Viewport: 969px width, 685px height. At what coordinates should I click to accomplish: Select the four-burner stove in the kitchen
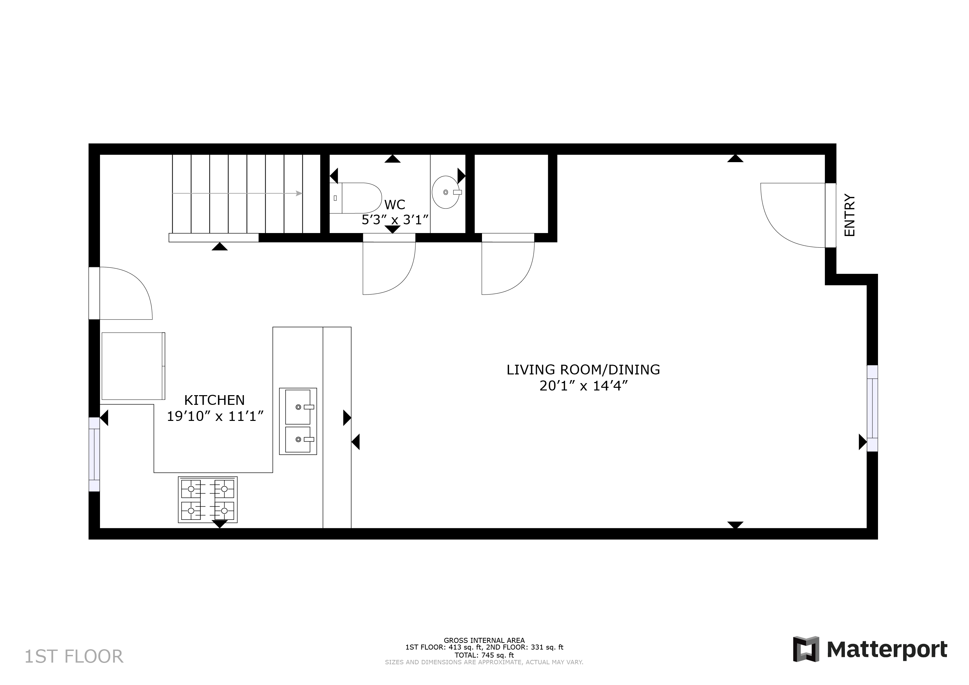click(x=208, y=499)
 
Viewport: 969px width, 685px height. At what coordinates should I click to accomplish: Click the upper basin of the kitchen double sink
click(x=298, y=407)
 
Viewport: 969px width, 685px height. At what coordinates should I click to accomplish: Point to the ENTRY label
click(x=849, y=215)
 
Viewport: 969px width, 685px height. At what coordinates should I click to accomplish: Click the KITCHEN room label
click(x=214, y=400)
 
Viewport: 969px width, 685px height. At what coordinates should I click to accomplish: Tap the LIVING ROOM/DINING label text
click(x=583, y=369)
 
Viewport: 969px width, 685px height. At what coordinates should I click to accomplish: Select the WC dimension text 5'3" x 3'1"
click(x=395, y=220)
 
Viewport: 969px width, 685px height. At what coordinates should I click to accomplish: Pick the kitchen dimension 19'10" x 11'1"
click(x=215, y=416)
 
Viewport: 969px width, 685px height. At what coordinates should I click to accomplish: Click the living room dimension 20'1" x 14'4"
click(x=584, y=385)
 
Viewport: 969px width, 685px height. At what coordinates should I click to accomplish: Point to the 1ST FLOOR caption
click(x=74, y=657)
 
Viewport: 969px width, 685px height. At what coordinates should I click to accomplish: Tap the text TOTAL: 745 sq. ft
click(x=484, y=655)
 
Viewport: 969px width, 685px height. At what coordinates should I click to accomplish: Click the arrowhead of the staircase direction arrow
click(x=299, y=194)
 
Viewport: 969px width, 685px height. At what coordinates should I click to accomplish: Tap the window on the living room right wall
click(x=872, y=408)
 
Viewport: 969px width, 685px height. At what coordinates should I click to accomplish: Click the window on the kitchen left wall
click(x=94, y=454)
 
